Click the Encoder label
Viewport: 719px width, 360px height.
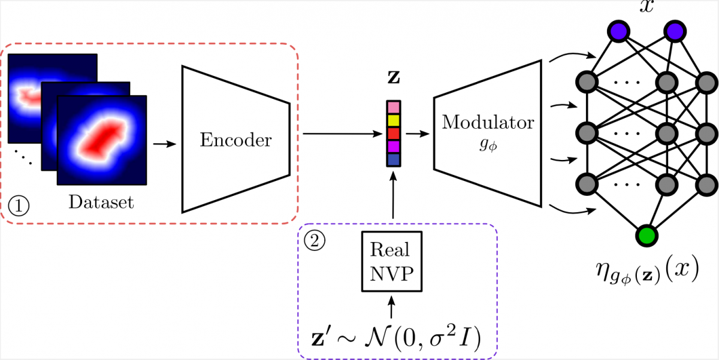(235, 140)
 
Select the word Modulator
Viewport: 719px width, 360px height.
(487, 123)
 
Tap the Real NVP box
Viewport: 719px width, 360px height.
(391, 261)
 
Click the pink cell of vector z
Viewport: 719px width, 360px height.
(393, 107)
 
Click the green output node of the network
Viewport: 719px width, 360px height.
(647, 235)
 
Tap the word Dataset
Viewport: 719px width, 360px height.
(101, 202)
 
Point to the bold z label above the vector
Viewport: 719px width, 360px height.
(393, 78)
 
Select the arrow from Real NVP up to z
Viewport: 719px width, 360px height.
(393, 198)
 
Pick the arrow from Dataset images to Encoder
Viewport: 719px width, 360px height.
(165, 144)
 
